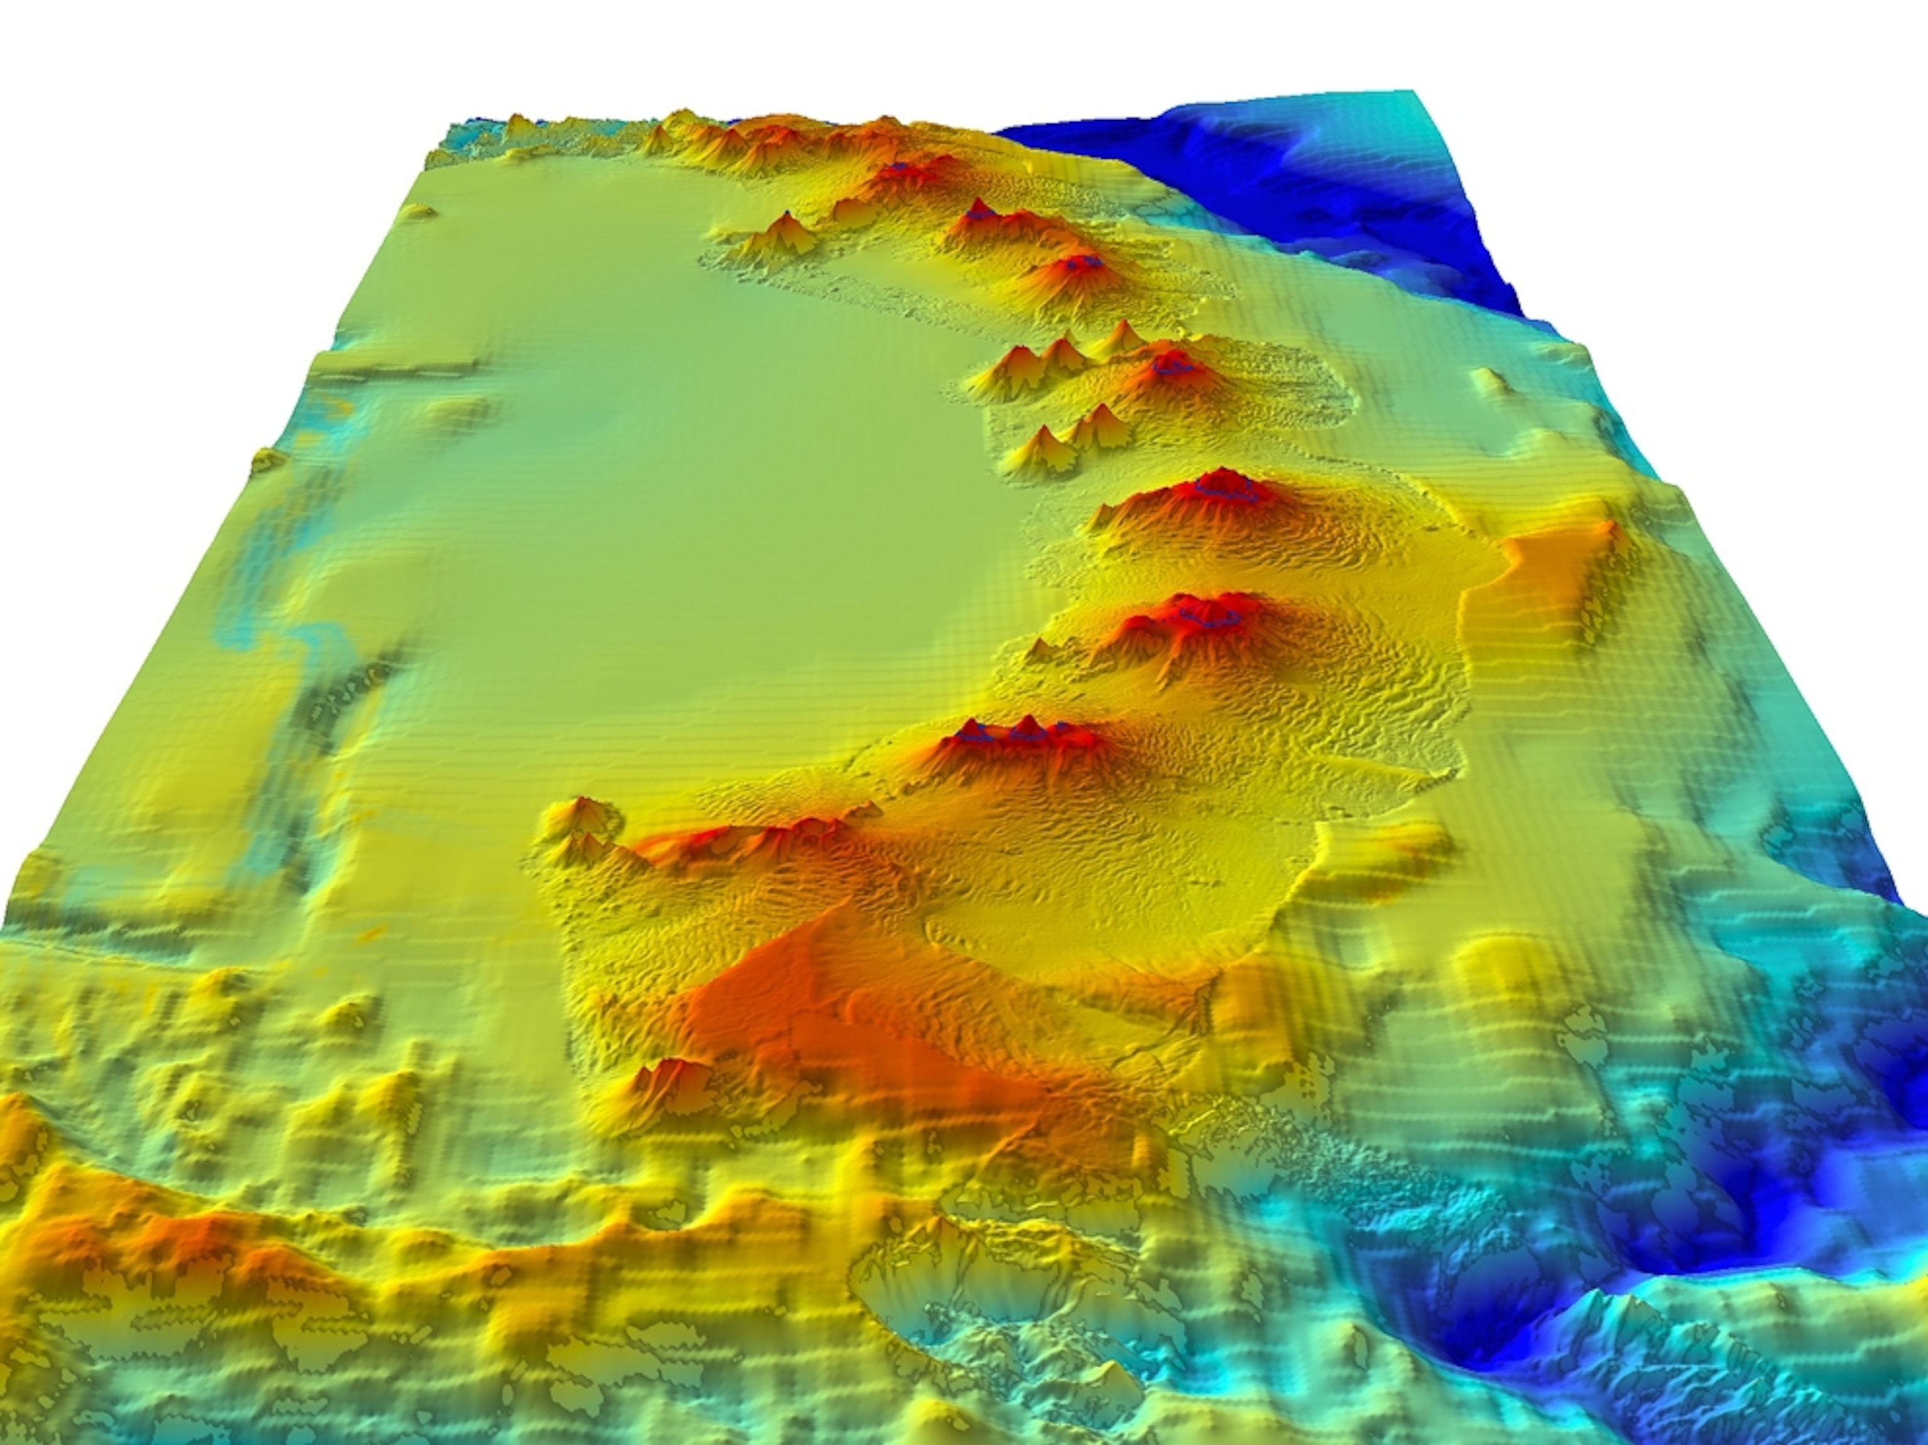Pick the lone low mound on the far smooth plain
pos(419,212)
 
